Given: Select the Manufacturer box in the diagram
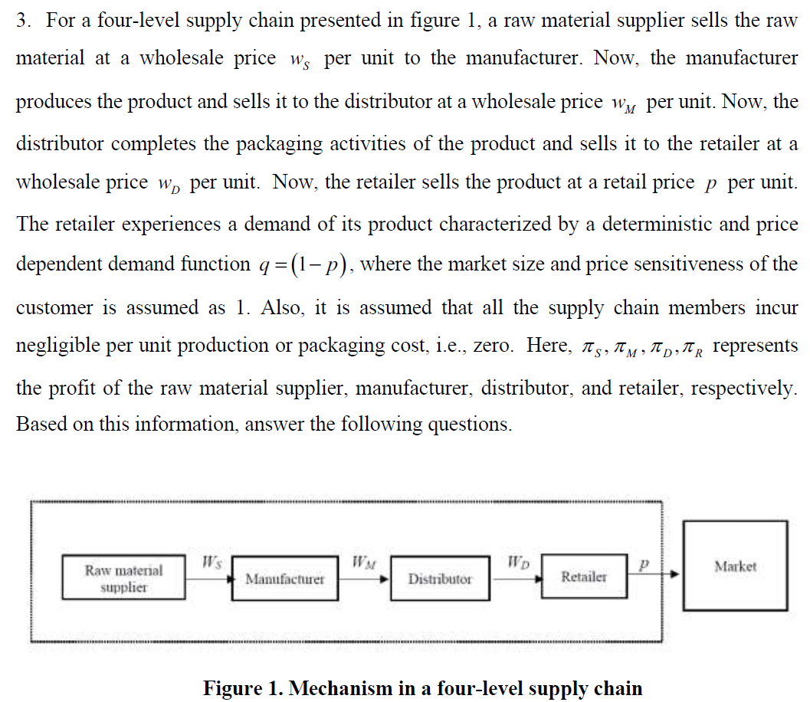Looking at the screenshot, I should (x=284, y=579).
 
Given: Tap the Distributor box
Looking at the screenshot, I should (x=439, y=579).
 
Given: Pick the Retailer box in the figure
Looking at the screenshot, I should (x=583, y=576).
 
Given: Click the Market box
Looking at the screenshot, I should (x=735, y=566).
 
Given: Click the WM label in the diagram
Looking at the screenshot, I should (x=362, y=563).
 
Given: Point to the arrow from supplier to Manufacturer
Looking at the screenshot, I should (x=208, y=579).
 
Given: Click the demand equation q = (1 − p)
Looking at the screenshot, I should (x=300, y=264).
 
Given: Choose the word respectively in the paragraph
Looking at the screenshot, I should (x=744, y=388).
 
